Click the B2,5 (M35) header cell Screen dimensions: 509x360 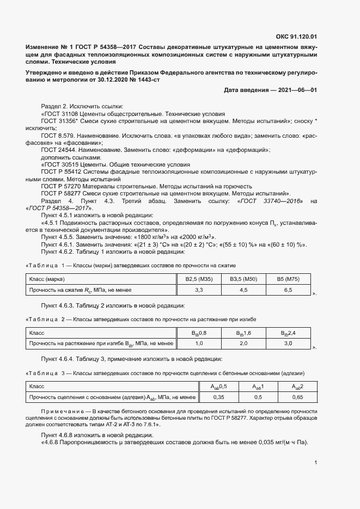(x=199, y=280)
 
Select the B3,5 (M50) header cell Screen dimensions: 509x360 (x=243, y=280)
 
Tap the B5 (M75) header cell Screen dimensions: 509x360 (x=288, y=280)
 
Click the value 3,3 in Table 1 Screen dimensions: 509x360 (x=199, y=290)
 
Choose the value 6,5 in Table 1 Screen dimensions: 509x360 (x=288, y=290)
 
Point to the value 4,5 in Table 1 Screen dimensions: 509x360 (x=243, y=290)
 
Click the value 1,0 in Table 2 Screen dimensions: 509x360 (x=199, y=344)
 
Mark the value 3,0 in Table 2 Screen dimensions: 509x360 (x=288, y=344)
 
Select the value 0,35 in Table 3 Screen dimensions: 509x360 (x=219, y=397)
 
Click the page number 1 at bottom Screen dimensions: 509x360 (x=316, y=462)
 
